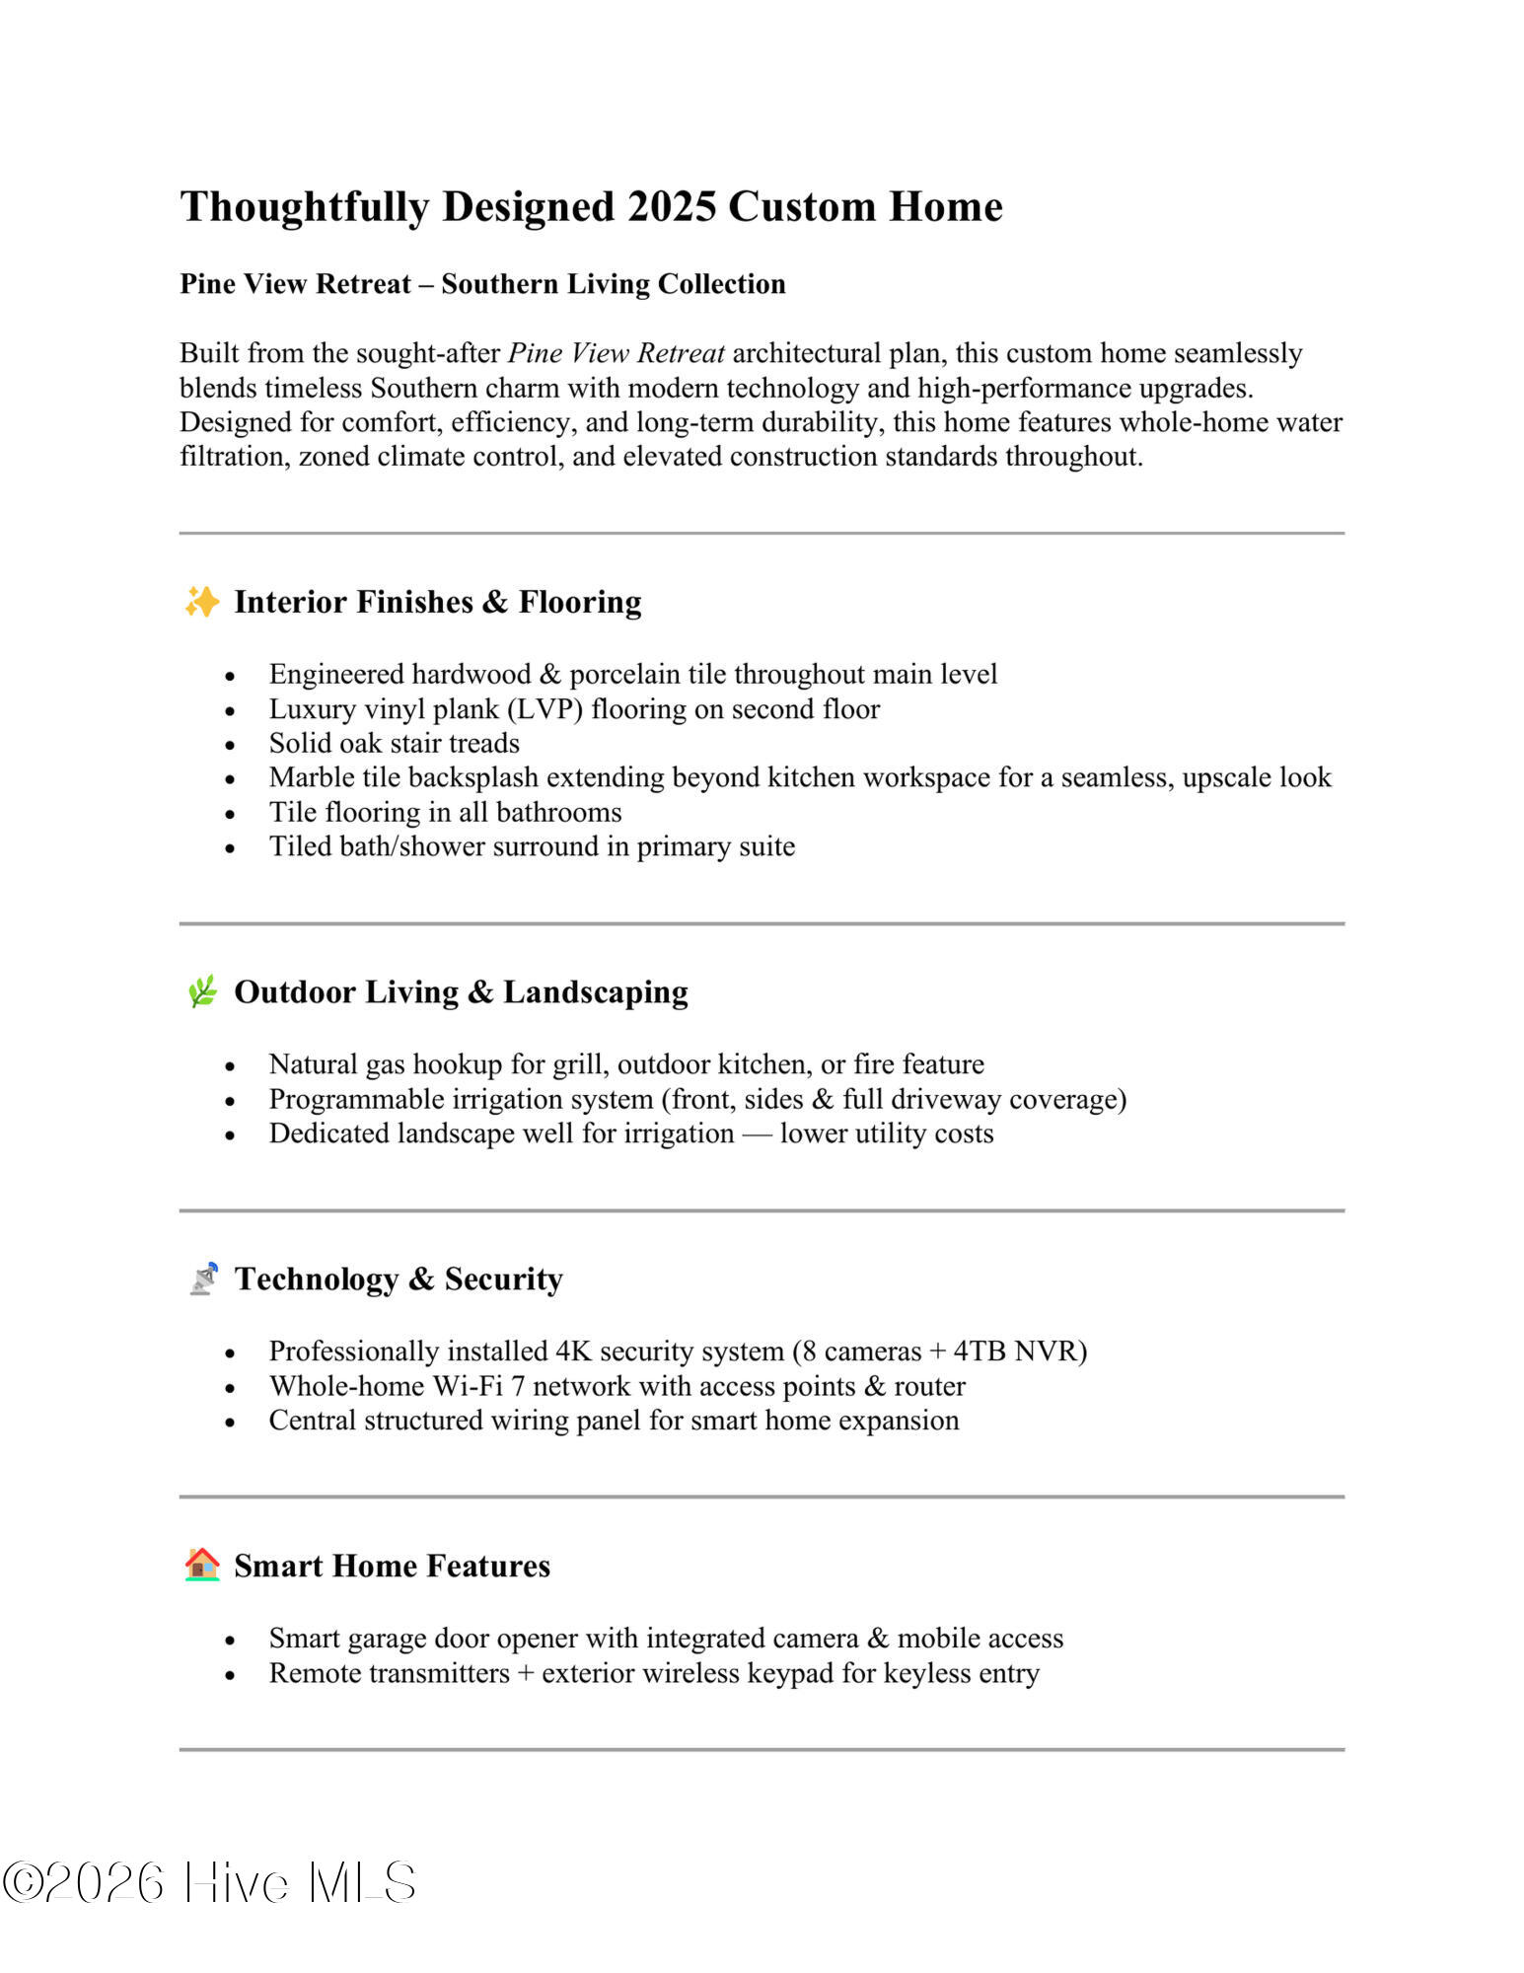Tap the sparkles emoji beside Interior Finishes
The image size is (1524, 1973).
coord(202,602)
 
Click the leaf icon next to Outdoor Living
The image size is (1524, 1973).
coord(202,991)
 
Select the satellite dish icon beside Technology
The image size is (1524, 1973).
coord(203,1279)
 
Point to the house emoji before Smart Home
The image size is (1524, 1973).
coord(202,1565)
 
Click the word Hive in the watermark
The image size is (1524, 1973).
coord(236,1882)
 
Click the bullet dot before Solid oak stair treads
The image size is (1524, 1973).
coord(230,745)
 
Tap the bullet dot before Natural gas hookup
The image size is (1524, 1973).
coord(230,1066)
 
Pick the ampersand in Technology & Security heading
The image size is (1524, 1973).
coord(421,1279)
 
